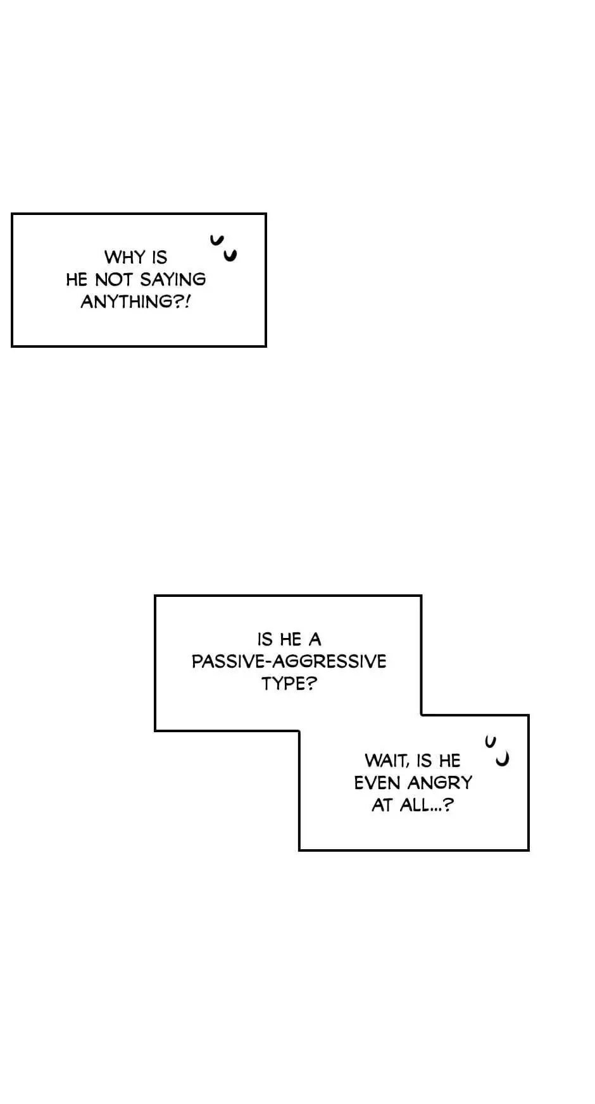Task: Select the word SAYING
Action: click(172, 279)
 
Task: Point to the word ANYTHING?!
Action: click(135, 302)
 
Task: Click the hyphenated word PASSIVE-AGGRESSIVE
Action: click(289, 661)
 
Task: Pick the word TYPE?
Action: click(289, 684)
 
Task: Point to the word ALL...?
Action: click(427, 805)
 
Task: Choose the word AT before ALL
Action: click(382, 805)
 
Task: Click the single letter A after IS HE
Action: click(315, 639)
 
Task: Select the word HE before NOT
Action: click(76, 279)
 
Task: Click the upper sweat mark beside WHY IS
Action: click(217, 240)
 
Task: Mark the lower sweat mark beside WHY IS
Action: click(230, 255)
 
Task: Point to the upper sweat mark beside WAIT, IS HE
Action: click(490, 741)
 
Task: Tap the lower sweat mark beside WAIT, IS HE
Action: click(503, 759)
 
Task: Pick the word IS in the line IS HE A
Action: click(264, 639)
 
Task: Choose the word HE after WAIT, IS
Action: click(449, 761)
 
